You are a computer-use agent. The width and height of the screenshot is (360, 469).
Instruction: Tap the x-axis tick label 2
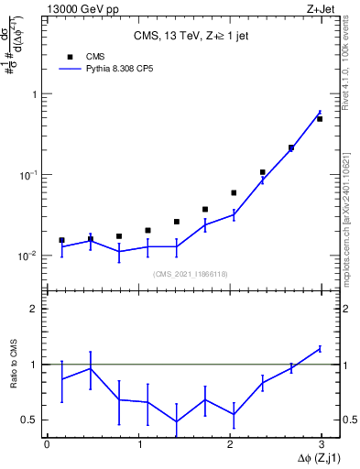point(230,444)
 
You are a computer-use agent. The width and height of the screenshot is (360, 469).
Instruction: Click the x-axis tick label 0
point(47,444)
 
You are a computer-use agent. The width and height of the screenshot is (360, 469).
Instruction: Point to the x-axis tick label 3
point(322,444)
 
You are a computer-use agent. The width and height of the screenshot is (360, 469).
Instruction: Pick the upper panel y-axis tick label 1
point(35,94)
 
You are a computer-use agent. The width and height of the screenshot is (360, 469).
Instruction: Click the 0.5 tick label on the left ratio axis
point(30,420)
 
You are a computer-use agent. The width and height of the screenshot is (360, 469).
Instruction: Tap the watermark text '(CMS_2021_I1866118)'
point(189,273)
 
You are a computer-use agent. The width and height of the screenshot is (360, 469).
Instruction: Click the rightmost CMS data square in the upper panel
point(320,119)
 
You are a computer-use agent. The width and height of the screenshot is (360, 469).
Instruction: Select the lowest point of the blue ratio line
point(176,422)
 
